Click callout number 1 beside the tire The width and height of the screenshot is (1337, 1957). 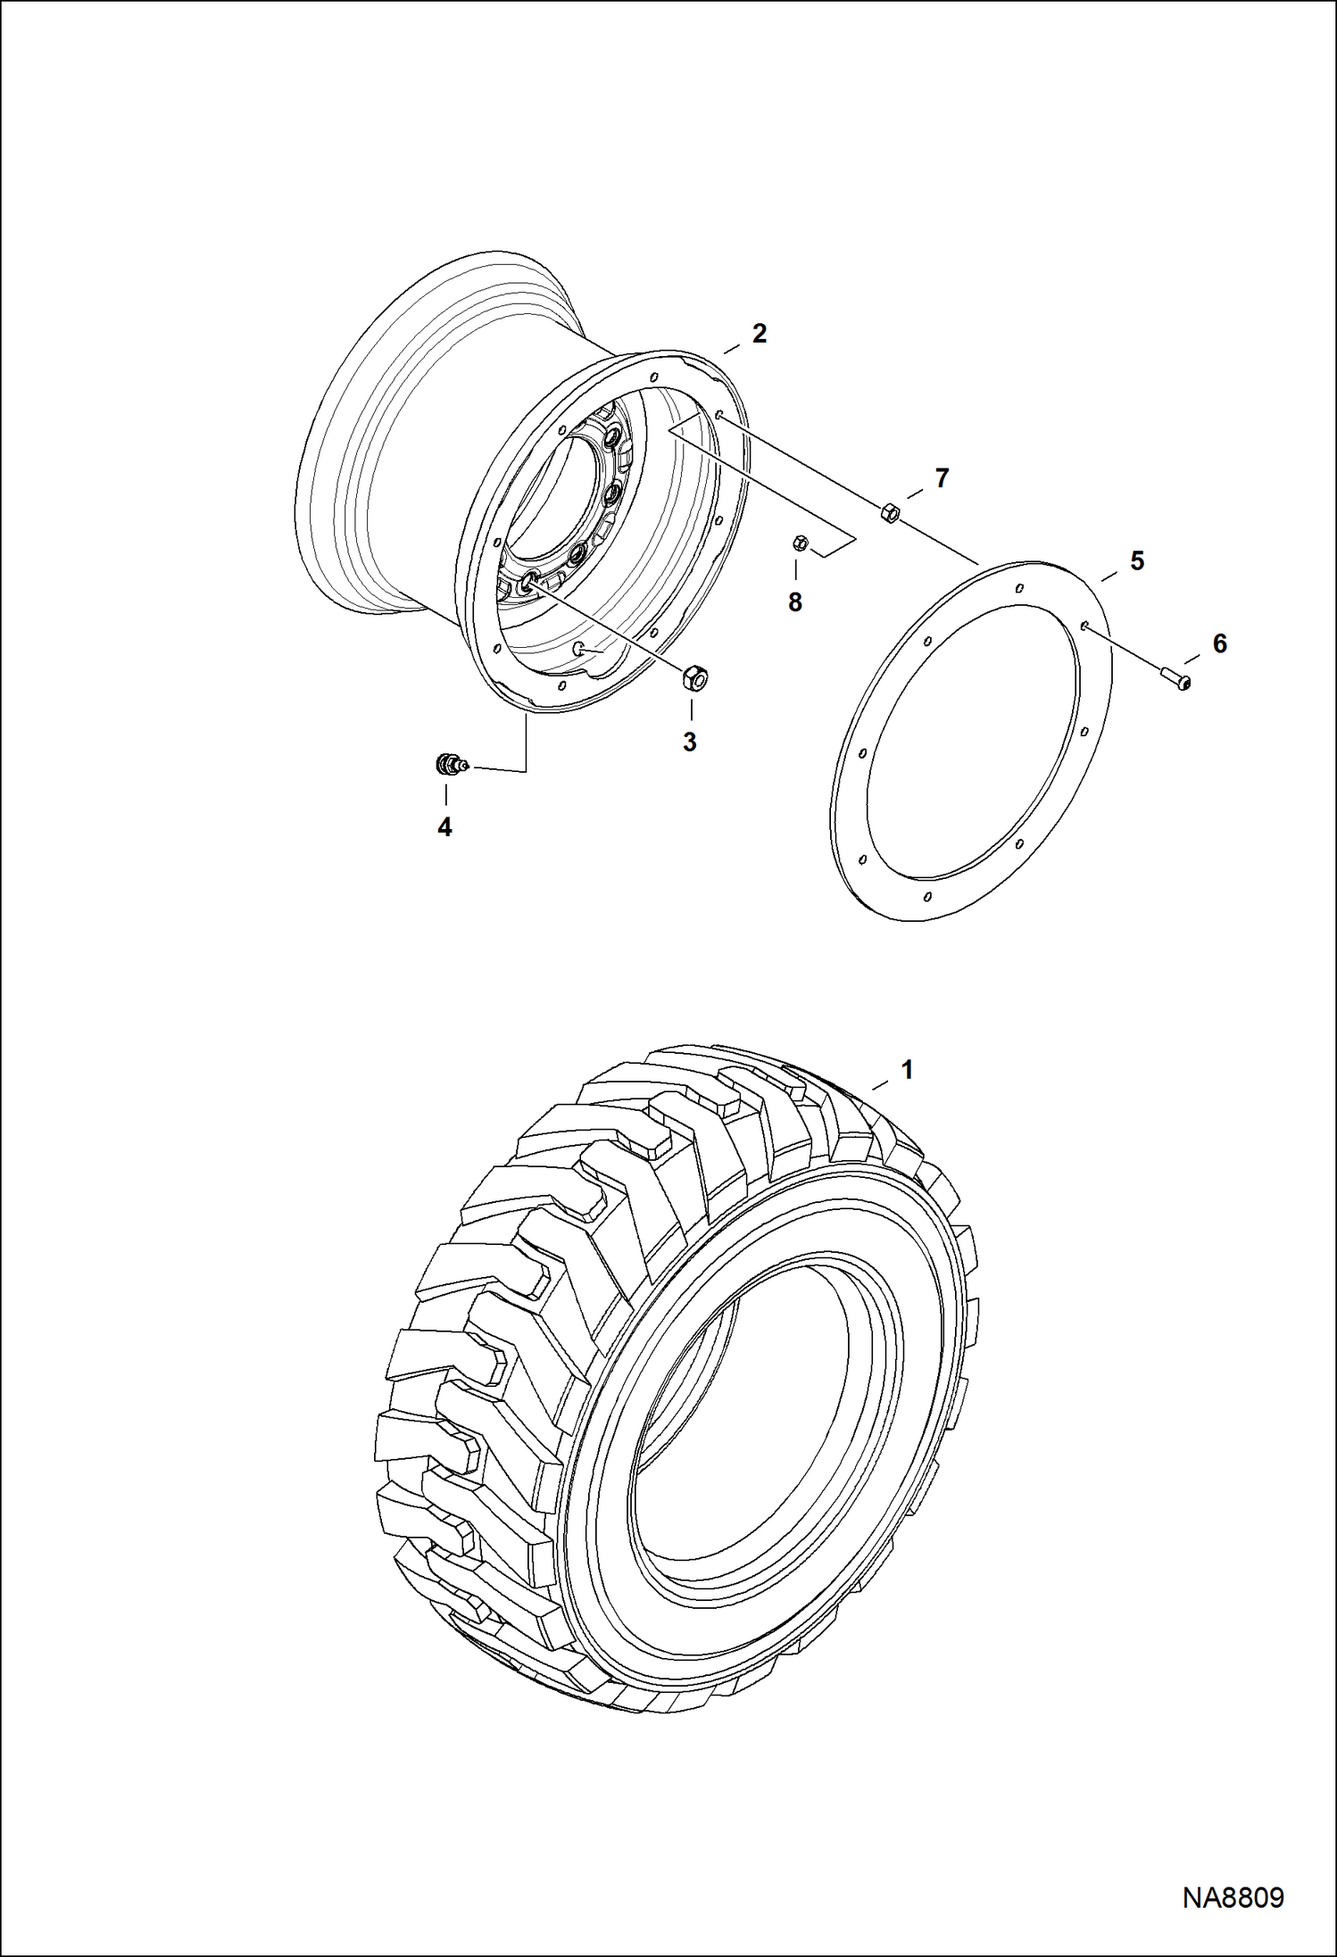click(x=908, y=1069)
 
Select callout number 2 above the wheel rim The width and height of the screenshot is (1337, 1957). click(x=760, y=334)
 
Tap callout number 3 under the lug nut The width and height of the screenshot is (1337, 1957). click(x=690, y=742)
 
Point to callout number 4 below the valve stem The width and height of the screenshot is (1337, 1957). click(x=444, y=827)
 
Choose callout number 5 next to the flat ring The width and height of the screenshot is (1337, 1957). click(x=1137, y=561)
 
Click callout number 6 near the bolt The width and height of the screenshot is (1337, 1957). click(x=1219, y=643)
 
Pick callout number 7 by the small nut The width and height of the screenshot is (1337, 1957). click(x=942, y=479)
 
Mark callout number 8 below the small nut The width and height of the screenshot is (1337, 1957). click(x=795, y=602)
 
